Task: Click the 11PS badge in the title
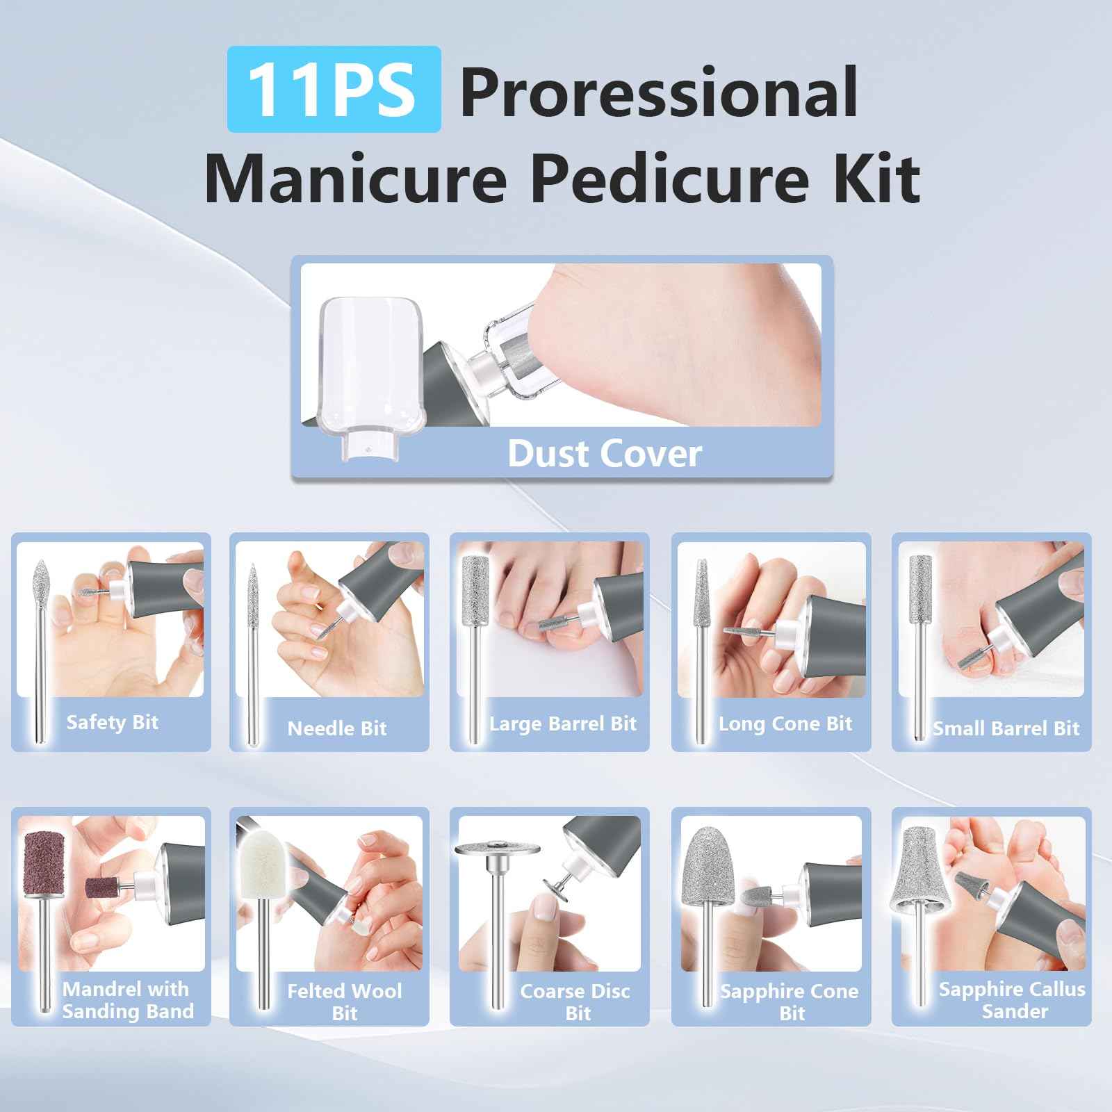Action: tap(334, 90)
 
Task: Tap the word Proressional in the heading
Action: tap(658, 92)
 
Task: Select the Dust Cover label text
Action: tap(604, 454)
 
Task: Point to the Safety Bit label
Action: tap(113, 722)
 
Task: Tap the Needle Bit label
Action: tap(337, 728)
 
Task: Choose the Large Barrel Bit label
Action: tap(563, 723)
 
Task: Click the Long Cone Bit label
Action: tap(785, 723)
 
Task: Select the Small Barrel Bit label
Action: tap(1006, 728)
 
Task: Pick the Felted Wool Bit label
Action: tap(345, 1001)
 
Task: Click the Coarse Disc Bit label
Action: tap(575, 1001)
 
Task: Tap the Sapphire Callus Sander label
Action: tap(1012, 1000)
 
